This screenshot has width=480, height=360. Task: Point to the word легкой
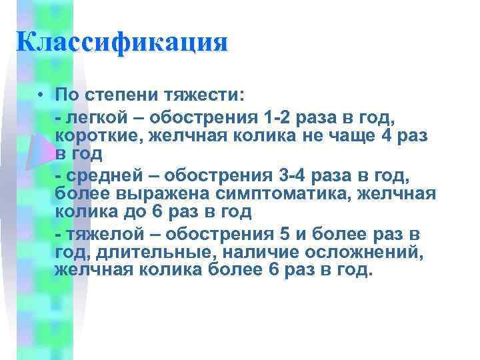pyautogui.click(x=94, y=119)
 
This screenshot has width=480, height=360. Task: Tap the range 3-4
pyautogui.click(x=283, y=177)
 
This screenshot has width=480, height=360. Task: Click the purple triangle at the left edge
pyautogui.click(x=37, y=152)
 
